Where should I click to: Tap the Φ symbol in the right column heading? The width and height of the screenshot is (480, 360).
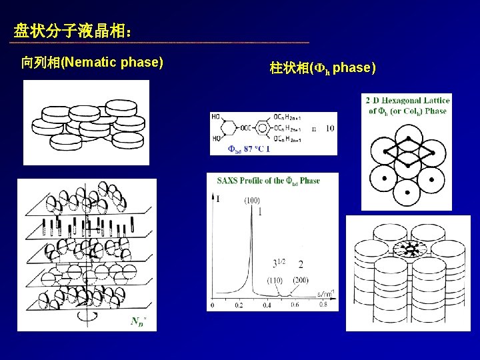click(x=319, y=68)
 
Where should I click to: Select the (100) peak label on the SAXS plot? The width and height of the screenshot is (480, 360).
click(x=252, y=200)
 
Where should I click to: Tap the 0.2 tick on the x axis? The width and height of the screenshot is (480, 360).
click(x=239, y=305)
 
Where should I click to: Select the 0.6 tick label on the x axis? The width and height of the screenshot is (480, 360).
click(x=295, y=305)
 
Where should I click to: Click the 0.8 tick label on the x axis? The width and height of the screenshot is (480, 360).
click(x=323, y=305)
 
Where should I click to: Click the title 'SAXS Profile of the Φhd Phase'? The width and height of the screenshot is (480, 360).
click(x=268, y=181)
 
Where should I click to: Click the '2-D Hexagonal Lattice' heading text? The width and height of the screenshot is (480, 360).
click(x=407, y=100)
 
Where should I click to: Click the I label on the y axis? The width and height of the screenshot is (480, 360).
click(x=218, y=198)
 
